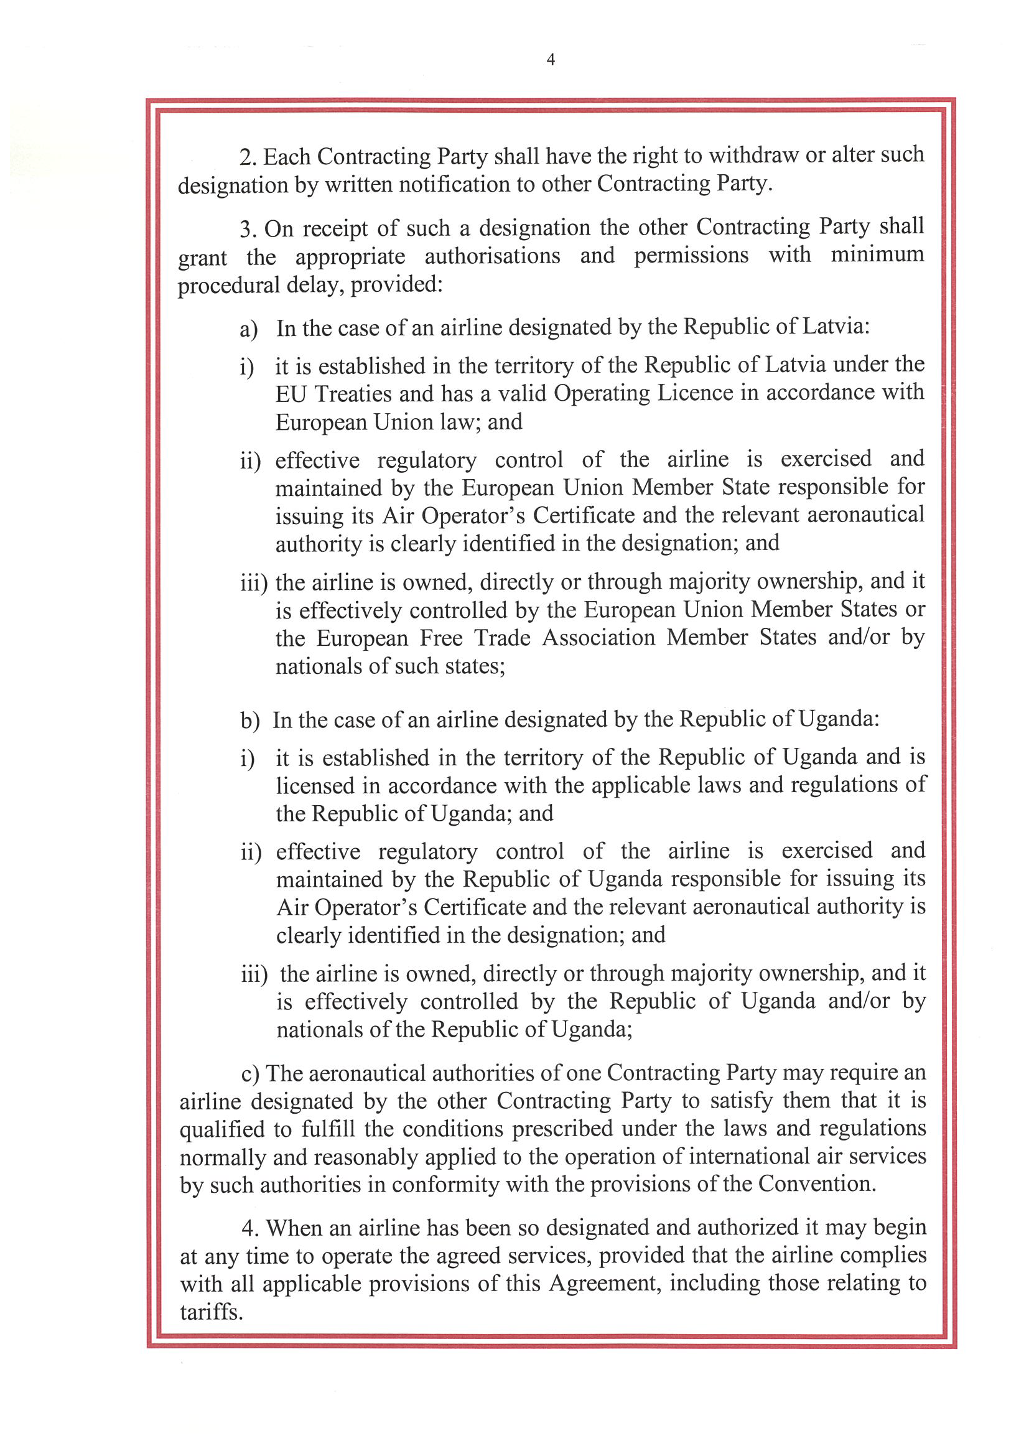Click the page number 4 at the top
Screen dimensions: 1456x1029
(551, 60)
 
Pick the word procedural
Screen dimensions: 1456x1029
(228, 286)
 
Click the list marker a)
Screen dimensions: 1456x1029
(248, 329)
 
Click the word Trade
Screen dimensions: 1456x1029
(502, 638)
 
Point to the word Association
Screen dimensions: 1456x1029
(598, 638)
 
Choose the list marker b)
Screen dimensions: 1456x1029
(250, 721)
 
